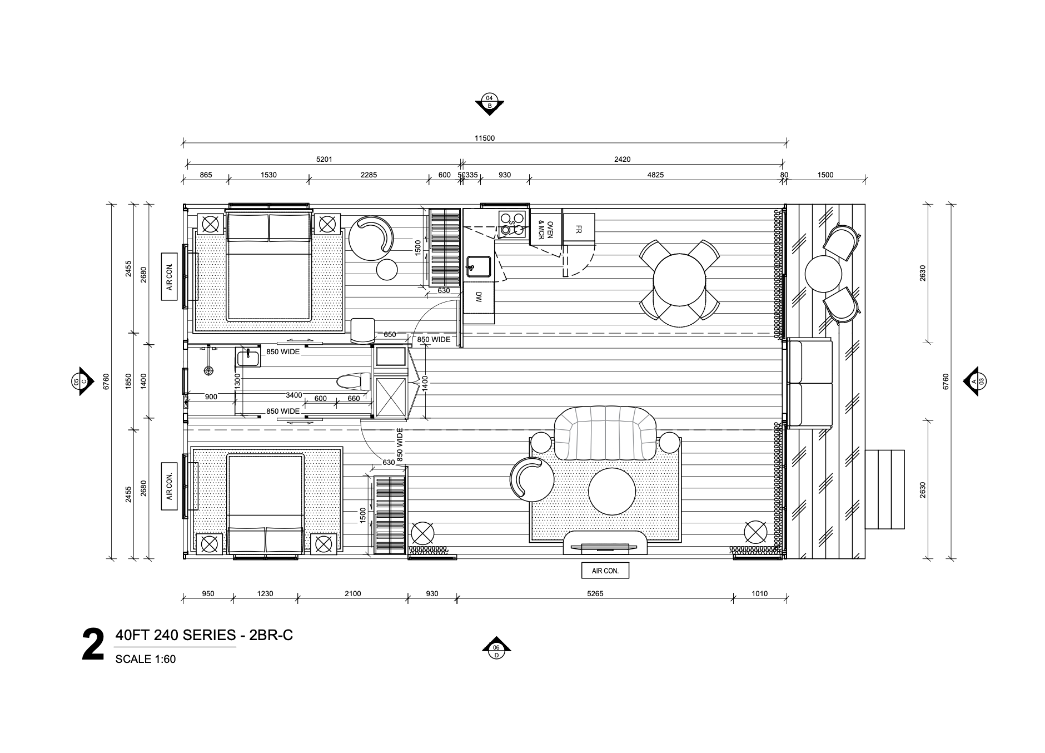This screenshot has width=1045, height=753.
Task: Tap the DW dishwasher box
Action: tap(478, 298)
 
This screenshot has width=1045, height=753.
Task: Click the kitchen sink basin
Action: tap(478, 267)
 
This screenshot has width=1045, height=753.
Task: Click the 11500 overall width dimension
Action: tap(484, 138)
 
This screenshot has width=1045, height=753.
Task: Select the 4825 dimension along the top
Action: tap(655, 175)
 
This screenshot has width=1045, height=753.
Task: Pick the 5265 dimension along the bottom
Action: tap(595, 593)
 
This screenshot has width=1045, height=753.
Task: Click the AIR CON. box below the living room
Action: tap(605, 571)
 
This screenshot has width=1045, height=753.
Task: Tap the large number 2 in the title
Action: tap(93, 645)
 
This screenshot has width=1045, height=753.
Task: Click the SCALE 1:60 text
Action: tap(146, 660)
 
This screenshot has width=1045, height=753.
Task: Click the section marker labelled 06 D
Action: tap(496, 649)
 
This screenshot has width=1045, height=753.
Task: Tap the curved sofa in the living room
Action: tap(605, 434)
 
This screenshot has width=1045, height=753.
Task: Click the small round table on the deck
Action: tap(823, 273)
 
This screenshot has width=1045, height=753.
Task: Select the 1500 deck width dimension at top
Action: tap(825, 175)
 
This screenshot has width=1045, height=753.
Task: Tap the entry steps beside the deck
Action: tap(884, 489)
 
